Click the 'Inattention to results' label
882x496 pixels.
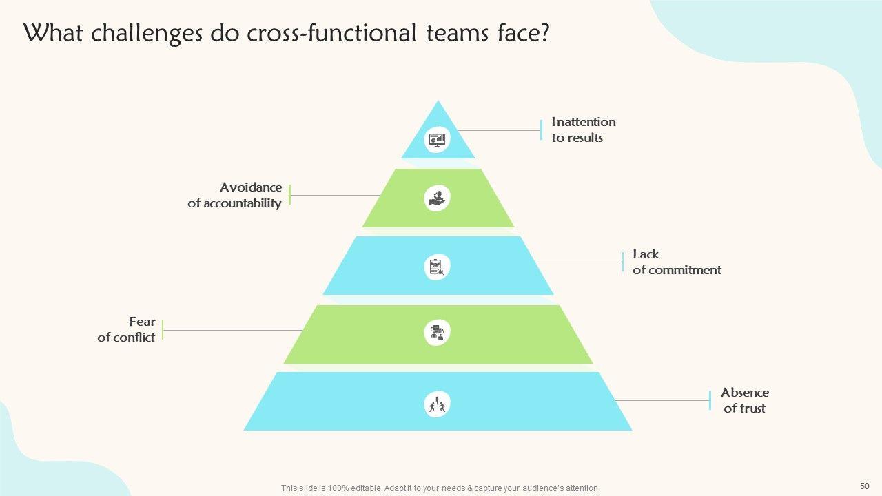coord(583,130)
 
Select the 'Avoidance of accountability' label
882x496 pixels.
coord(235,195)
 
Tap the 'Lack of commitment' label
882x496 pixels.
coord(677,262)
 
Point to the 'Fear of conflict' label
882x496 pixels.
coord(127,330)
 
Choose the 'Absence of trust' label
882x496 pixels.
coord(744,400)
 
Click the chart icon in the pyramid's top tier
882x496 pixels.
coord(438,139)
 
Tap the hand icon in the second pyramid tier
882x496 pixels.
coord(437,198)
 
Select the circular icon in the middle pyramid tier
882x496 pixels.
coord(437,267)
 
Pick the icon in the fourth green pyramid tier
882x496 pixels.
coord(437,333)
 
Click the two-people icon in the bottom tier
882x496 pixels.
coord(437,404)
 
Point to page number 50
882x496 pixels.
coord(865,485)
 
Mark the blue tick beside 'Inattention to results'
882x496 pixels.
coord(542,130)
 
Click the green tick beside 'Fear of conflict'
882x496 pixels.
coord(163,330)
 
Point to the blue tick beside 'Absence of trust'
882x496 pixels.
coord(710,400)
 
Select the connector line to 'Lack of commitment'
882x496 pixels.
coord(579,262)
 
